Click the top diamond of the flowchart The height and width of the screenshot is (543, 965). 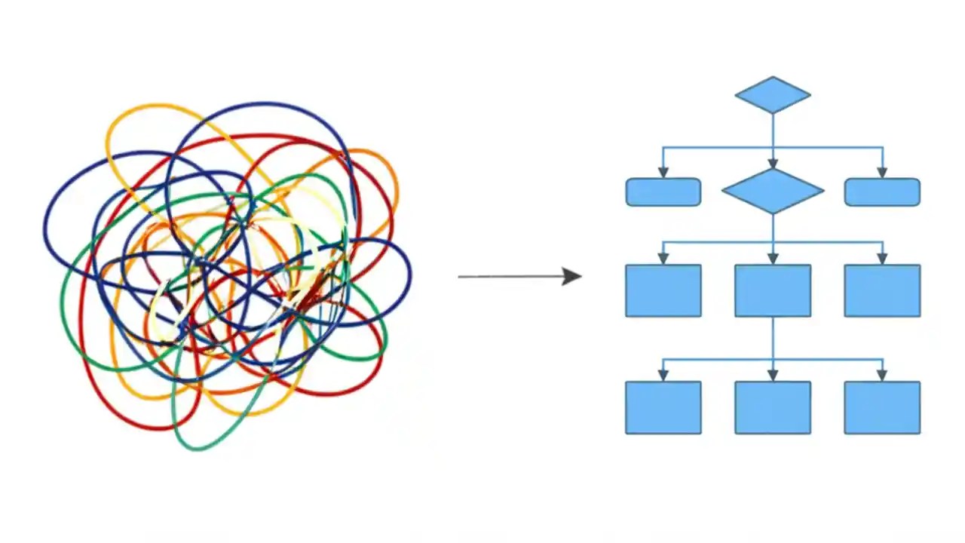click(773, 95)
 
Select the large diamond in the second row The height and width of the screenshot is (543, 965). click(773, 191)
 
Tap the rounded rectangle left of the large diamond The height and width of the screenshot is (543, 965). click(663, 192)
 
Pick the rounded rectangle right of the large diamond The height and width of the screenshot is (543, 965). click(882, 192)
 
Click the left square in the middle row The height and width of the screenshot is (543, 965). click(663, 290)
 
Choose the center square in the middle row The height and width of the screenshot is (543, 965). click(773, 290)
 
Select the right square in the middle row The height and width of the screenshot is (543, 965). click(882, 290)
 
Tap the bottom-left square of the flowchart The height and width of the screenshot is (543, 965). click(663, 407)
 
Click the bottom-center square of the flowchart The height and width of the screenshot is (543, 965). click(773, 407)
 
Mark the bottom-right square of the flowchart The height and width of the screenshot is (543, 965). click(882, 407)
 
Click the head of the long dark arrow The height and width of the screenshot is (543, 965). click(573, 276)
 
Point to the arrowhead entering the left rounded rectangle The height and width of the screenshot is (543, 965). click(663, 173)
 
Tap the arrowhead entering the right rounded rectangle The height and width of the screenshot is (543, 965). click(882, 173)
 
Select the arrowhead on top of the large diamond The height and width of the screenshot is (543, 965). click(773, 163)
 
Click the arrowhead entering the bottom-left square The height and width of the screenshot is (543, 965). click(663, 376)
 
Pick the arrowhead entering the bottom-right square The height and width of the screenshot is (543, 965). click(882, 376)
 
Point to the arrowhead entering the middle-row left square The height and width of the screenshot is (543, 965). click(663, 259)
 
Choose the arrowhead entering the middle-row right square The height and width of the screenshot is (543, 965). click(882, 259)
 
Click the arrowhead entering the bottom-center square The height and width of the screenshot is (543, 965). click(773, 376)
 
